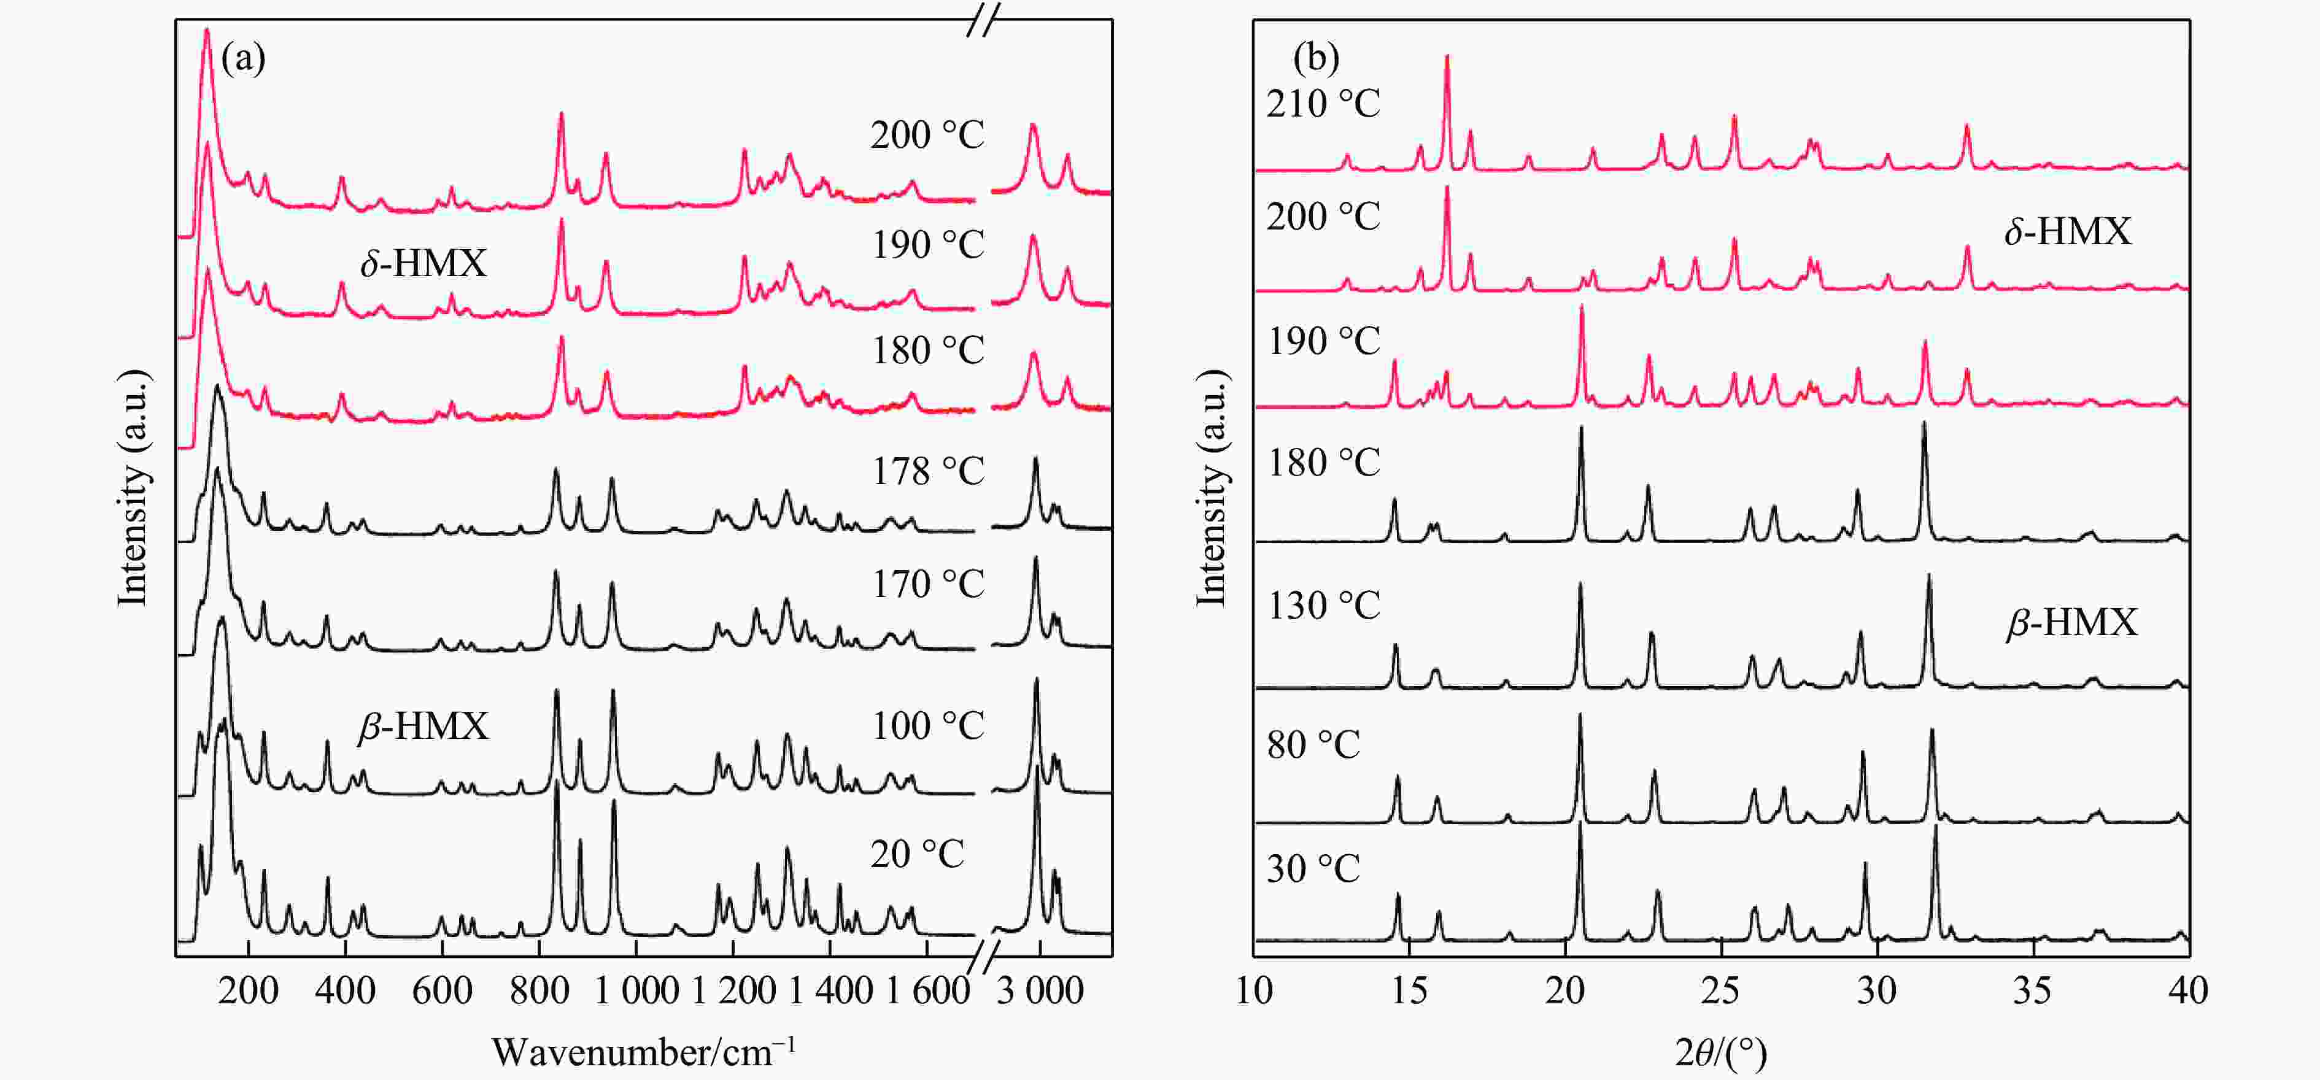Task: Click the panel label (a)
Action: coord(243,60)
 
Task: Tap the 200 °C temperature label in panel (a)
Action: coord(927,135)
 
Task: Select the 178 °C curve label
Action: coord(927,471)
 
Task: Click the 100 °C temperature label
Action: coord(927,726)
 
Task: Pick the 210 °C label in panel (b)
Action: coord(1323,104)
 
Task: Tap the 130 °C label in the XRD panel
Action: coord(1323,605)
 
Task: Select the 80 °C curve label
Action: coord(1313,745)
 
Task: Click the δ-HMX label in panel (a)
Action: coord(423,263)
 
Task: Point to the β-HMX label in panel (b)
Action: coord(2071,622)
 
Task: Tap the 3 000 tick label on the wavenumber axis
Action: coord(1040,992)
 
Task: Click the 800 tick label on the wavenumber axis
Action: coord(539,992)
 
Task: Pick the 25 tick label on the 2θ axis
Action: coord(1720,992)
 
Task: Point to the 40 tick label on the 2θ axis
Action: coord(2187,992)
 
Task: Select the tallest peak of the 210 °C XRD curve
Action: coord(1447,56)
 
